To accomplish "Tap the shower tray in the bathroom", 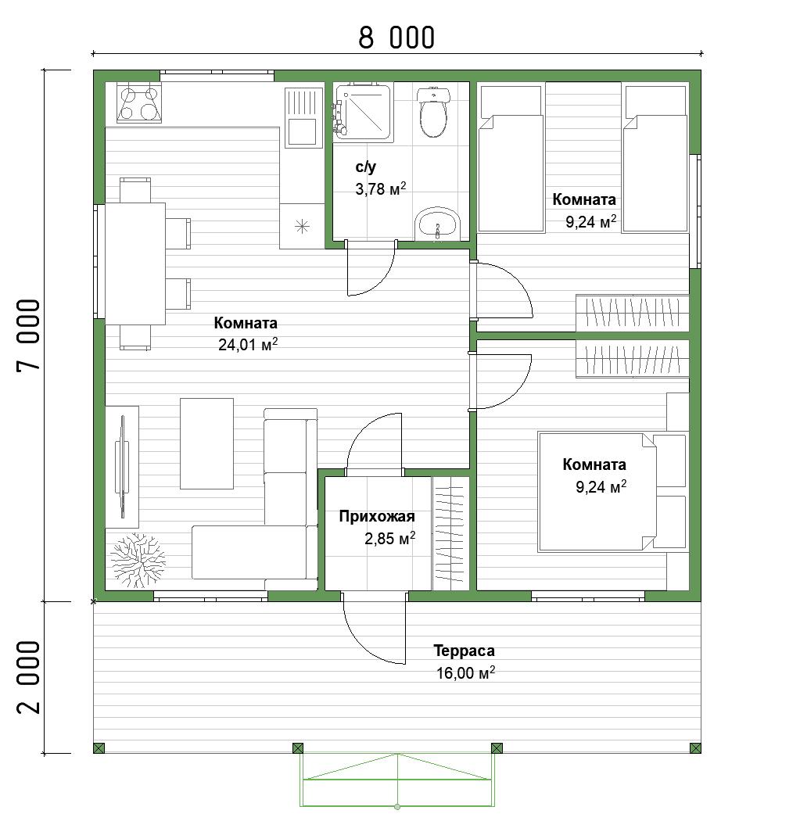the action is pyautogui.click(x=364, y=111).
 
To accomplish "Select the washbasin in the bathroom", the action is pyautogui.click(x=438, y=224).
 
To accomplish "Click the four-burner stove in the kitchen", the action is pyautogui.click(x=139, y=102).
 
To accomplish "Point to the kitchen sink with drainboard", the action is pyautogui.click(x=303, y=117).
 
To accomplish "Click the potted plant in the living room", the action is pyautogui.click(x=137, y=560).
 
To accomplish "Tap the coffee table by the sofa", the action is pyautogui.click(x=206, y=443).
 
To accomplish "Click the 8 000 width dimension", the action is pyautogui.click(x=396, y=38).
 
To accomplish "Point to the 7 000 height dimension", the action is pyautogui.click(x=29, y=335).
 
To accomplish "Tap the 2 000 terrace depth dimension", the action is pyautogui.click(x=29, y=677).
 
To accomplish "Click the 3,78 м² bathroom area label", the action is pyautogui.click(x=381, y=189).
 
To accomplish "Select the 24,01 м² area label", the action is pyautogui.click(x=248, y=345).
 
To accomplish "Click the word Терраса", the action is pyautogui.click(x=464, y=651).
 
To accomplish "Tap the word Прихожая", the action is pyautogui.click(x=377, y=516).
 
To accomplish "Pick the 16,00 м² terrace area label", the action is pyautogui.click(x=465, y=673).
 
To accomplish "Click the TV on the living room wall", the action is pyautogui.click(x=122, y=467).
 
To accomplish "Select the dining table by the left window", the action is pyautogui.click(x=135, y=264).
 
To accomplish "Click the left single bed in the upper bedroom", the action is pyautogui.click(x=511, y=159).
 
